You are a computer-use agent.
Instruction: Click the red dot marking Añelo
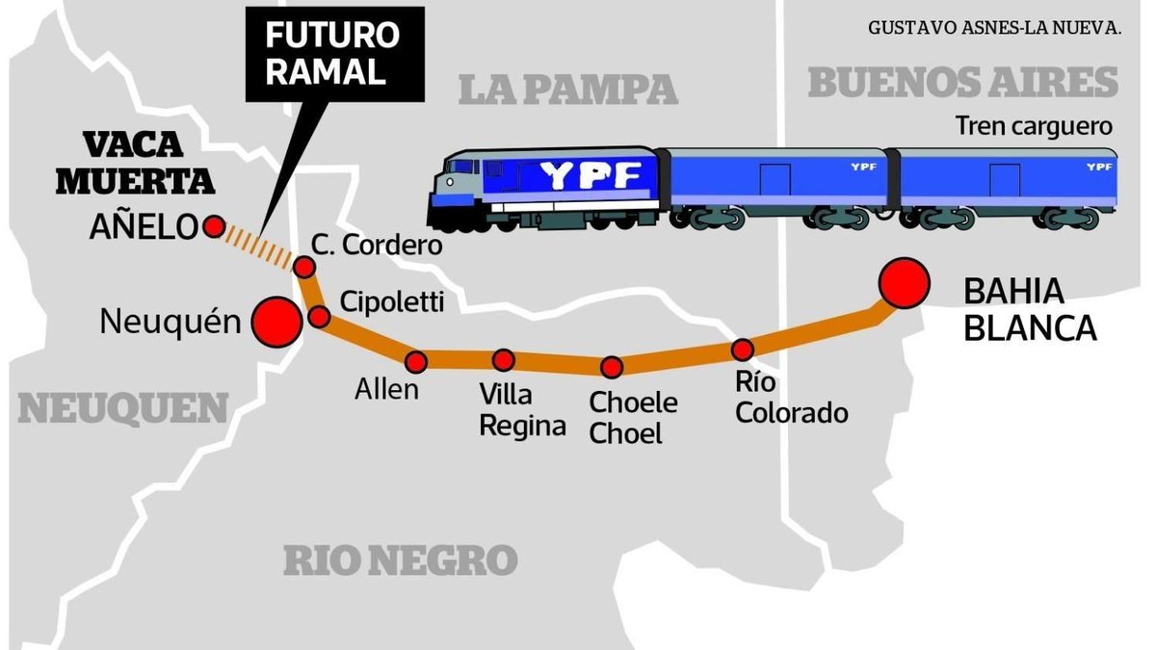(x=214, y=227)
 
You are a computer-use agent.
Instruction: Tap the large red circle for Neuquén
(x=275, y=321)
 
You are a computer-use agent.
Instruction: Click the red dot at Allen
(x=416, y=362)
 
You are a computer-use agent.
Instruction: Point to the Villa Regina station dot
(x=503, y=360)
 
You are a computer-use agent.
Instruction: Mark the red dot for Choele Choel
(x=612, y=367)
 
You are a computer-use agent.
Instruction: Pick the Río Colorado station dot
(x=742, y=350)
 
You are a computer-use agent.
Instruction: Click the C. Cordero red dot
(x=304, y=267)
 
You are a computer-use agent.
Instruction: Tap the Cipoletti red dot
(x=320, y=316)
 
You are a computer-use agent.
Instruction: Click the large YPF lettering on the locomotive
(x=591, y=175)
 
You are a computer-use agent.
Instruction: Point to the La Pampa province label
(x=567, y=90)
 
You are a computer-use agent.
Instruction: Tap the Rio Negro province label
(x=400, y=559)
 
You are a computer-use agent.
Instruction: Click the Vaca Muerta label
(x=147, y=163)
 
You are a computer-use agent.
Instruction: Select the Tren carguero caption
(x=1034, y=126)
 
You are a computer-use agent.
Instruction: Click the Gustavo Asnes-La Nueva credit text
(x=994, y=27)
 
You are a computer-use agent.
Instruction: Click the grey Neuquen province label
(x=123, y=409)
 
